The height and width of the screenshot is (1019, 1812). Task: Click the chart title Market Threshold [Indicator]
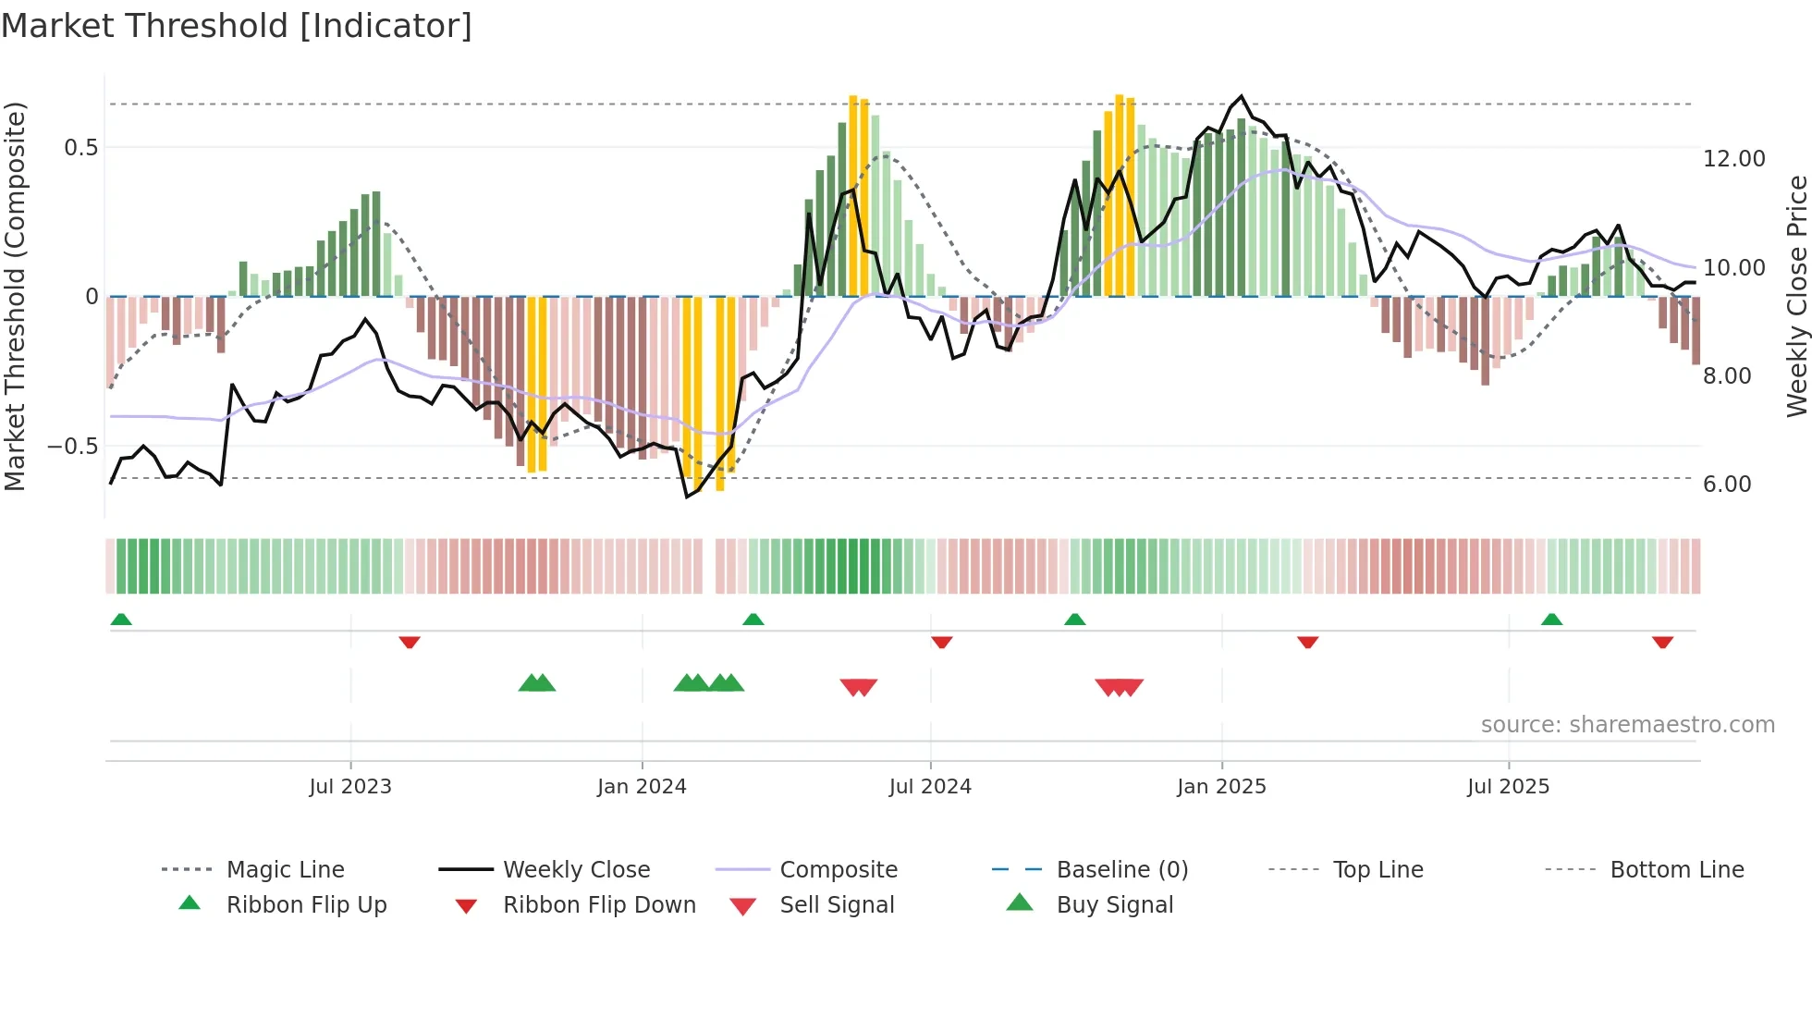[x=237, y=26]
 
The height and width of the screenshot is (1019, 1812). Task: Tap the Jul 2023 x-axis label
[x=350, y=787]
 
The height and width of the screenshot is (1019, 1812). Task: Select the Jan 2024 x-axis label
[x=642, y=787]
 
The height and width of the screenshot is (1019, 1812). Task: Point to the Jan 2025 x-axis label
[x=1221, y=787]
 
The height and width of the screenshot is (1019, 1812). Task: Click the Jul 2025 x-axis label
[x=1508, y=787]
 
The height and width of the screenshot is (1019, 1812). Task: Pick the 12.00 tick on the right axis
[x=1733, y=159]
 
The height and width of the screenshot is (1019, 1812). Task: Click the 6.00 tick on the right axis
[x=1727, y=485]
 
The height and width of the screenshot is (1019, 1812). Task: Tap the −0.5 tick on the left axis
[x=72, y=447]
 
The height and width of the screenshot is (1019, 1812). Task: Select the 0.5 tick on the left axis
[x=80, y=148]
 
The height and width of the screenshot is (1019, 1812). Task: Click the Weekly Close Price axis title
[x=1796, y=296]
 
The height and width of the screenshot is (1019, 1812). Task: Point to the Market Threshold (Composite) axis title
[x=15, y=296]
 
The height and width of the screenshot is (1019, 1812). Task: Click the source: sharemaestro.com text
[x=1627, y=725]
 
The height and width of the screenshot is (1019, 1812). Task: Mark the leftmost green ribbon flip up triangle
[x=121, y=620]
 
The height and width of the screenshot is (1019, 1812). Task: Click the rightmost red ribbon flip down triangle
[x=1662, y=642]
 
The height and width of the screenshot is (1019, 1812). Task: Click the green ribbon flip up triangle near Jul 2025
[x=1551, y=620]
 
